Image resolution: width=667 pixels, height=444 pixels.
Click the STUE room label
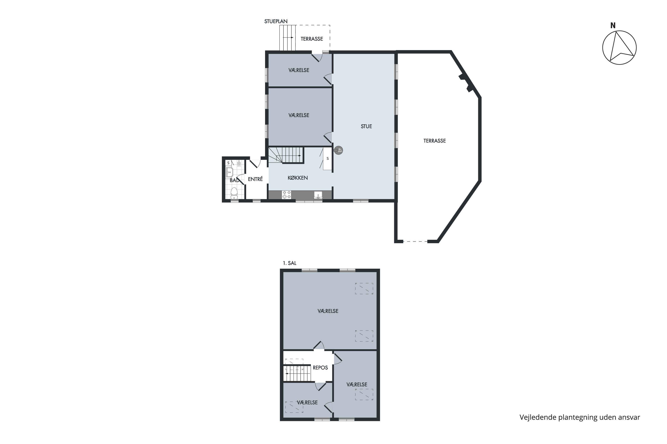[x=366, y=126]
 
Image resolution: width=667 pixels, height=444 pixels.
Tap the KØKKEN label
[x=297, y=178]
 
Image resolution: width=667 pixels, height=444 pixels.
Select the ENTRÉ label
[x=255, y=179]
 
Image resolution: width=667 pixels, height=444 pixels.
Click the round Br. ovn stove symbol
[x=338, y=150]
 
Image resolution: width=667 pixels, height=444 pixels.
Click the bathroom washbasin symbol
[x=229, y=172]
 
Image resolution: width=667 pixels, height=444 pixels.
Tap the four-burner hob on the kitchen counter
[x=286, y=194]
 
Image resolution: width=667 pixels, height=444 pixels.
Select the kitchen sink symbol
[x=318, y=195]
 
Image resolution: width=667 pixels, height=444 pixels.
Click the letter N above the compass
[x=613, y=26]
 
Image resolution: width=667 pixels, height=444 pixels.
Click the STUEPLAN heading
[x=276, y=21]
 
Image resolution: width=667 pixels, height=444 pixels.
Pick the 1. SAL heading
[x=289, y=263]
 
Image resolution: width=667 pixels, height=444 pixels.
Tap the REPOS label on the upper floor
[x=320, y=368]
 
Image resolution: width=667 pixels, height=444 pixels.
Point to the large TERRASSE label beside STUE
[x=434, y=141]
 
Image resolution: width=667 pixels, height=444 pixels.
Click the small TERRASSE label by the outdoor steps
[x=312, y=39]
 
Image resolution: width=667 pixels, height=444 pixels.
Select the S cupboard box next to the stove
[x=327, y=159]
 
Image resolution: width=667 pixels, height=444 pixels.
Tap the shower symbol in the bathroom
[x=239, y=163]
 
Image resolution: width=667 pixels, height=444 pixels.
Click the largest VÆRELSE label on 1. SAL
[x=328, y=311]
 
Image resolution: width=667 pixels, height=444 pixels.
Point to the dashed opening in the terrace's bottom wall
[x=415, y=242]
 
